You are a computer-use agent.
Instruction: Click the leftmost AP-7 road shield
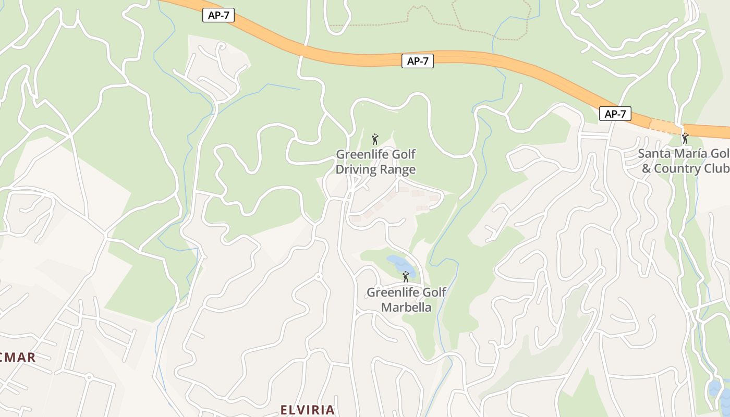(x=218, y=16)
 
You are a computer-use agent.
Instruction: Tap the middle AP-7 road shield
(x=418, y=61)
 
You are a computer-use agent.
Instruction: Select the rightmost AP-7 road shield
(x=615, y=114)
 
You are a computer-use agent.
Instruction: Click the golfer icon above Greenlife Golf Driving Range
(x=375, y=139)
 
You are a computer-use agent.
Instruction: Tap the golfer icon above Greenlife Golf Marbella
(x=406, y=277)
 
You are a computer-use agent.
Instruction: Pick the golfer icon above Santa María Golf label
(x=685, y=138)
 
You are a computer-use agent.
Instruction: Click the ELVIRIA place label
(x=308, y=410)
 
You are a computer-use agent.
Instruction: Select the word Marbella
(x=406, y=307)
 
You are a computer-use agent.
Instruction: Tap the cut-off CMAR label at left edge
(x=18, y=358)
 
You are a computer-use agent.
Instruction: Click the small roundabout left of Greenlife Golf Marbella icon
(x=318, y=277)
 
